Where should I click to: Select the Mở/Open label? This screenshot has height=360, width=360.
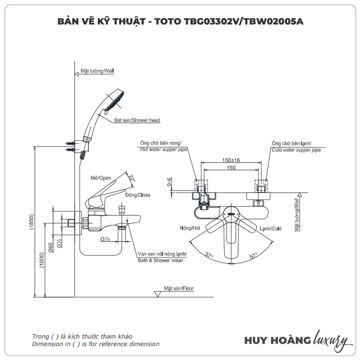pyautogui.click(x=101, y=178)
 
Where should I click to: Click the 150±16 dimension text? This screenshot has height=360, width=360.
pyautogui.click(x=231, y=160)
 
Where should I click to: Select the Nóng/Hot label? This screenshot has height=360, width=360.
pyautogui.click(x=190, y=228)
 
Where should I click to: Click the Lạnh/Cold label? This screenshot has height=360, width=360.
pyautogui.click(x=271, y=228)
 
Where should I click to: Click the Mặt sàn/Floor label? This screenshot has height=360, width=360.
pyautogui.click(x=179, y=288)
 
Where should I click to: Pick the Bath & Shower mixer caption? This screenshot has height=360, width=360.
pyautogui.click(x=161, y=260)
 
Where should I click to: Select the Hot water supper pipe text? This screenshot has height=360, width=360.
pyautogui.click(x=163, y=150)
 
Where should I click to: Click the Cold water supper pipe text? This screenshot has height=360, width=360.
pyautogui.click(x=296, y=150)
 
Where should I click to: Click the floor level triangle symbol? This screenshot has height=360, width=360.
pyautogui.click(x=157, y=294)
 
